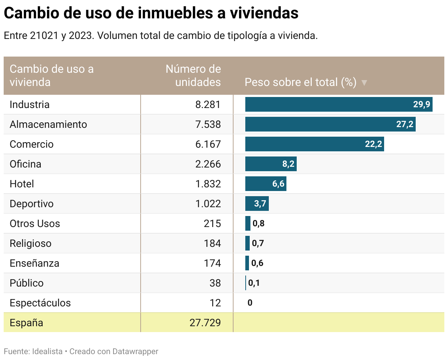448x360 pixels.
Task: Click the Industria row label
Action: tap(29, 105)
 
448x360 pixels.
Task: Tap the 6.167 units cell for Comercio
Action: tap(208, 144)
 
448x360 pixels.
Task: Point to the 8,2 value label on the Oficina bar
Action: tap(288, 164)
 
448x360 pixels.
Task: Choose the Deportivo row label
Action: tap(32, 204)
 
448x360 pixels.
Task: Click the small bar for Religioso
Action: tap(248, 243)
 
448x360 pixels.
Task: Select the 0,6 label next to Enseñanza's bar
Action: tap(257, 263)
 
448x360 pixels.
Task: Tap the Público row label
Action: tap(26, 283)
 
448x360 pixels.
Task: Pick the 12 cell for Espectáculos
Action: tap(215, 303)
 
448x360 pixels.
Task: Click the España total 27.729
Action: tap(205, 323)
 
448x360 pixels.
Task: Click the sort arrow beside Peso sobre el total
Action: tap(364, 83)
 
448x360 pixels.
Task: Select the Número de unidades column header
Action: tap(194, 75)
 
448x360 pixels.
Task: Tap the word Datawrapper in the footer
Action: tap(135, 352)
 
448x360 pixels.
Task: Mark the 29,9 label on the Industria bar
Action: tap(421, 105)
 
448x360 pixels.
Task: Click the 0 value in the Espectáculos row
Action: tap(250, 303)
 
